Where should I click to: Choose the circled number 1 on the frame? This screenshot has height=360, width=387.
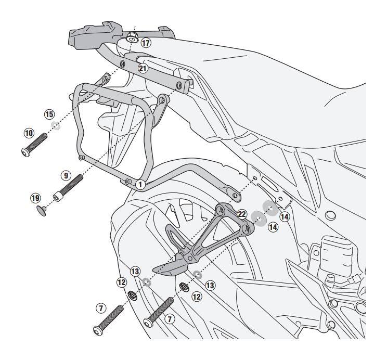coord(140,183)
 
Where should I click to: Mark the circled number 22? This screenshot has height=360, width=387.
coord(241,214)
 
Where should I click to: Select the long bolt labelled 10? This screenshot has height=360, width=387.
coord(34,143)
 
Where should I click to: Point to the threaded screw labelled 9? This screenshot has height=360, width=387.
coord(70,188)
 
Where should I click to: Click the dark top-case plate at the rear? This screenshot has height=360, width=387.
coord(94,34)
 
